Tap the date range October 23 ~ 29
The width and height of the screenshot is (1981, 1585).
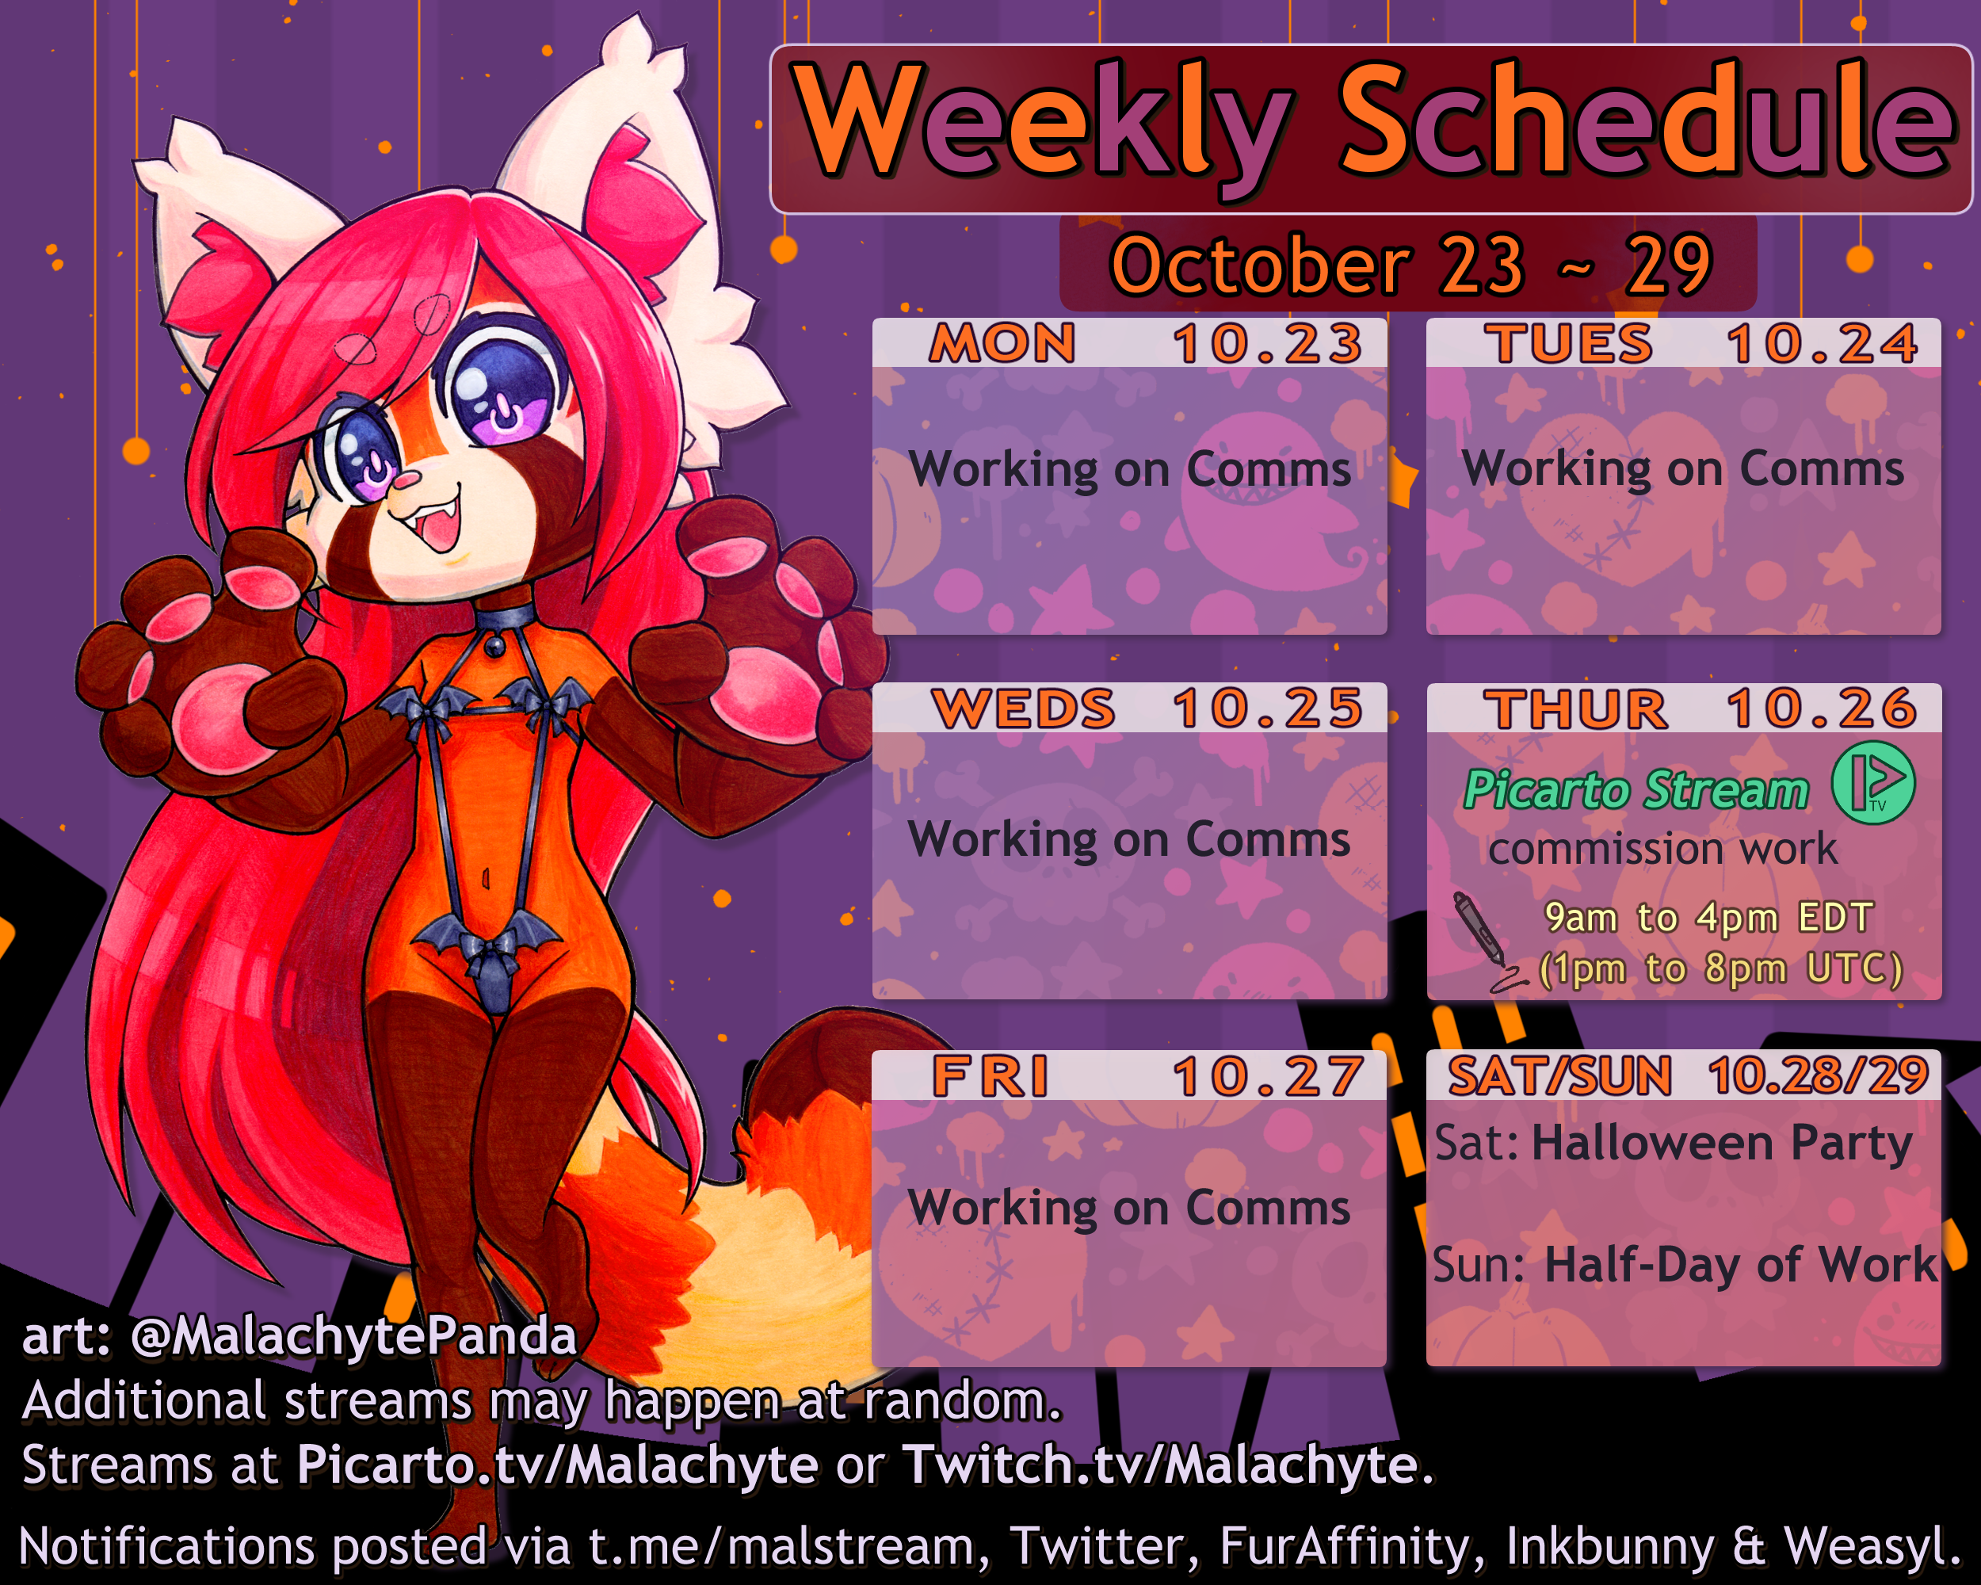pyautogui.click(x=1410, y=265)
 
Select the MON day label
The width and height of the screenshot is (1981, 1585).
pyautogui.click(x=1002, y=344)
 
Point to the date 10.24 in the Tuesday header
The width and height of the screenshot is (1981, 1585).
pyautogui.click(x=1822, y=344)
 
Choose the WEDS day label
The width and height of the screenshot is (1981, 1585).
pyautogui.click(x=1024, y=708)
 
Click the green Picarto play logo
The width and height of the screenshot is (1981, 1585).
pyautogui.click(x=1873, y=782)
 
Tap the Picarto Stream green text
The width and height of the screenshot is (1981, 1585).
pyautogui.click(x=1636, y=789)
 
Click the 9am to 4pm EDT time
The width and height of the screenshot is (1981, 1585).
pyautogui.click(x=1709, y=917)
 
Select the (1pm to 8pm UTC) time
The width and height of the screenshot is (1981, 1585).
pyautogui.click(x=1720, y=968)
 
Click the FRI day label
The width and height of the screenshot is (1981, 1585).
pyautogui.click(x=990, y=1076)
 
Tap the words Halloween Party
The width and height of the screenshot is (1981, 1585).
pyautogui.click(x=1722, y=1143)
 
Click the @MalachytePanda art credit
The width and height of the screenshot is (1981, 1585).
pyautogui.click(x=353, y=1336)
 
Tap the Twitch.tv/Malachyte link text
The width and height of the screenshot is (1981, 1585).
pyautogui.click(x=1161, y=1464)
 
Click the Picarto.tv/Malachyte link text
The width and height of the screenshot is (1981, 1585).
pyautogui.click(x=557, y=1464)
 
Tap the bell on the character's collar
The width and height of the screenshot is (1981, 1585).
pyautogui.click(x=494, y=646)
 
